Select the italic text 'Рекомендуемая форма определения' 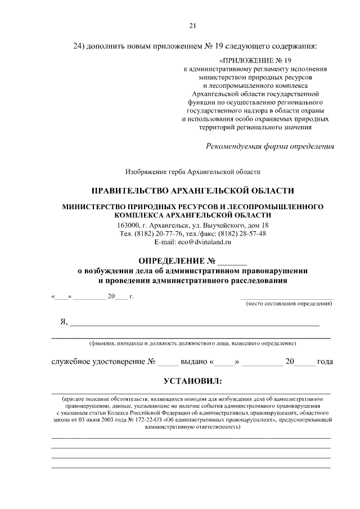[271, 147]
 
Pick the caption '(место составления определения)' [289, 304]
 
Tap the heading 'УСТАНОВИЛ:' [192, 382]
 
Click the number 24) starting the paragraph [82, 45]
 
